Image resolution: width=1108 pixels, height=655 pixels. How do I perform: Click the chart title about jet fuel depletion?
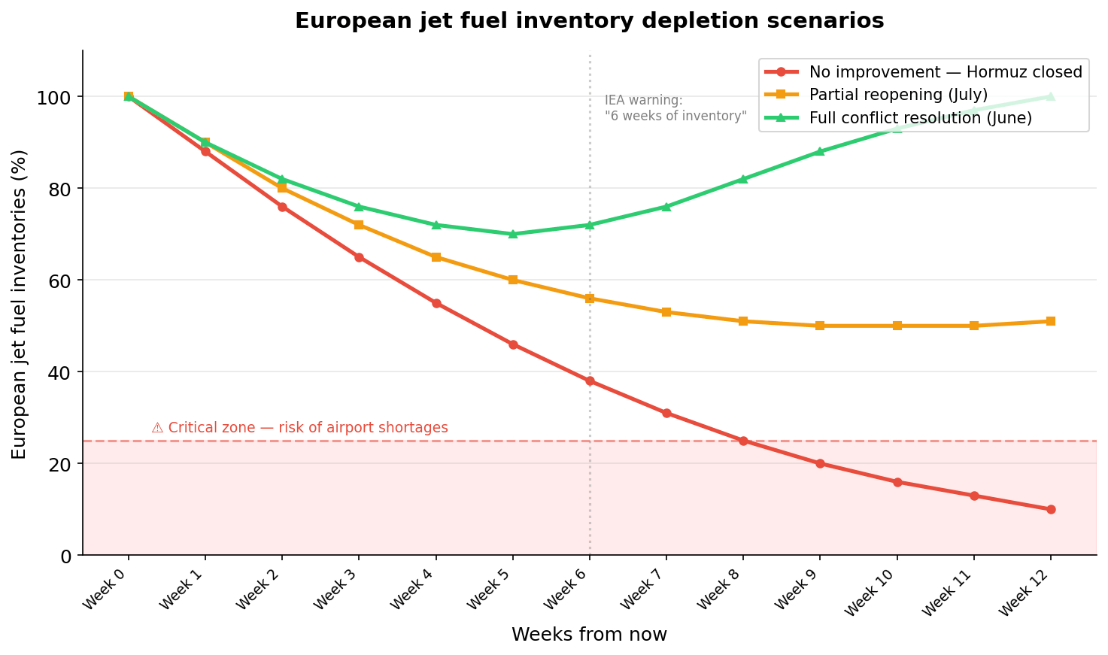point(589,21)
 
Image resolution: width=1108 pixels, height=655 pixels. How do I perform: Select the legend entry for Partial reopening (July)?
point(898,95)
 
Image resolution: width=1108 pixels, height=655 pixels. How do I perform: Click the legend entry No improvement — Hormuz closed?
point(945,72)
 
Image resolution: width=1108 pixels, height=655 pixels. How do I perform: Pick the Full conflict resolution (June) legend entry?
point(920,118)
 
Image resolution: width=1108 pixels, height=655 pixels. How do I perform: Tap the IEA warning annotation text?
point(675,108)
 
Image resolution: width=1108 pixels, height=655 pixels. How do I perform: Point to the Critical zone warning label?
point(299,428)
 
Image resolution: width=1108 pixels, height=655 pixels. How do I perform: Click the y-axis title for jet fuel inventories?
point(20,304)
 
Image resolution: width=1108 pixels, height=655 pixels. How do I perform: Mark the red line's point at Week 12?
point(1051,509)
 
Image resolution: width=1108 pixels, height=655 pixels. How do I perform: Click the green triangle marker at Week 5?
point(513,234)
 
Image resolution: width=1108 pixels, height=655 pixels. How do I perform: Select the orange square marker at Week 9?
point(820,326)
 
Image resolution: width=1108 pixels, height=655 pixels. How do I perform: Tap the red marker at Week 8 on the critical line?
point(743,441)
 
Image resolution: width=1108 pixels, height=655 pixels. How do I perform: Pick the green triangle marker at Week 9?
point(820,151)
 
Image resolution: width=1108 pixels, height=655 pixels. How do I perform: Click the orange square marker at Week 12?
point(1051,321)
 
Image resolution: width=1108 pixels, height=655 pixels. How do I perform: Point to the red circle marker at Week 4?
point(436,303)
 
